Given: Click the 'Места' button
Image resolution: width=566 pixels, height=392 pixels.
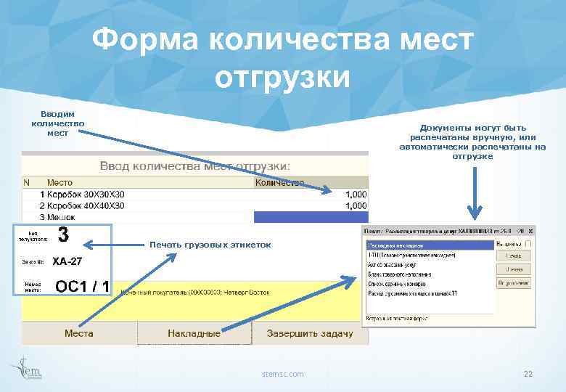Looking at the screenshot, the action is (78, 333).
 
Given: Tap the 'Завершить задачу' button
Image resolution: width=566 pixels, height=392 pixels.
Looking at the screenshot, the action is (310, 333).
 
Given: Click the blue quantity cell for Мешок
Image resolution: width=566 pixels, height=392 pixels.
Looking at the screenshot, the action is (311, 216).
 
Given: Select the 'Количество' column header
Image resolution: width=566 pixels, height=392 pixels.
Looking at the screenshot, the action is (279, 183).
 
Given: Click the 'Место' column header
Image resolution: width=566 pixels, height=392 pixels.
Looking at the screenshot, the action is (60, 183).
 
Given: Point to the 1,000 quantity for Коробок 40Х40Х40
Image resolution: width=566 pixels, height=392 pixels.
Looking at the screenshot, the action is (356, 205).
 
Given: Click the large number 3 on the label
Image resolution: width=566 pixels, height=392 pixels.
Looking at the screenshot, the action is (63, 235).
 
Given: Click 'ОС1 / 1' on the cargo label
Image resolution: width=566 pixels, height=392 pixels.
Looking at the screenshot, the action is (82, 287).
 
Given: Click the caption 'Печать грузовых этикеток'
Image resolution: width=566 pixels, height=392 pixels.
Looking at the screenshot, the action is (210, 245).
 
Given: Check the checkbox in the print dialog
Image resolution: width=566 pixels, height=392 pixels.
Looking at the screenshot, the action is (528, 243).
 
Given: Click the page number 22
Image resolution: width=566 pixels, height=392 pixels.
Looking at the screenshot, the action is (528, 373).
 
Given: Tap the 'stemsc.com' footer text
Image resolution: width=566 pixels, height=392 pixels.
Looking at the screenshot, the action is (283, 373).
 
